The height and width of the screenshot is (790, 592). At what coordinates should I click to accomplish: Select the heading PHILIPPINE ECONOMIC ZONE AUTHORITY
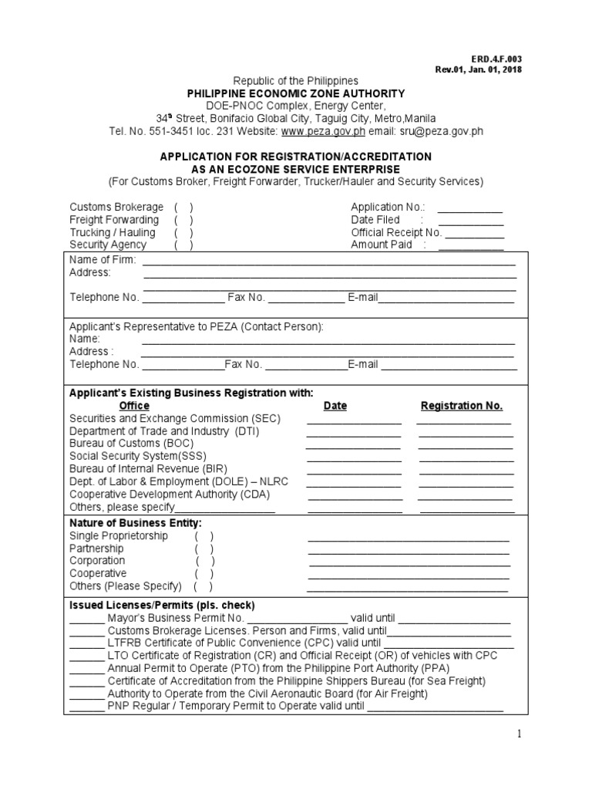pos(296,93)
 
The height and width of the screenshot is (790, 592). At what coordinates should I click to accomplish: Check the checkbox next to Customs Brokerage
pos(183,207)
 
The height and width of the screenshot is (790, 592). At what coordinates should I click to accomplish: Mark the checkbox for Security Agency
pos(183,245)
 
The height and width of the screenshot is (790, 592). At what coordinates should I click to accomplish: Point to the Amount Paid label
pos(382,245)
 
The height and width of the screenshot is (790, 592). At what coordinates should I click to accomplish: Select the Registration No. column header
pos(462,406)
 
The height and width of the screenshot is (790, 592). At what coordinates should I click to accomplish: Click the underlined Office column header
pos(134,406)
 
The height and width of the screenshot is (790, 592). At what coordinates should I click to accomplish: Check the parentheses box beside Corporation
pos(205,561)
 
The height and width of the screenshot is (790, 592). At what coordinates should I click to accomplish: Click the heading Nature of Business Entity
pos(136,523)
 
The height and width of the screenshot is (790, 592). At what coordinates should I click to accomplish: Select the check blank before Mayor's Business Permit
pos(86,619)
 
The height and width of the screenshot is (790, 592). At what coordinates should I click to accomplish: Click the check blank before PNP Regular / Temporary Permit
pos(86,706)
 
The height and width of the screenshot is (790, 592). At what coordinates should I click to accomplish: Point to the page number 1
pos(520,734)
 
